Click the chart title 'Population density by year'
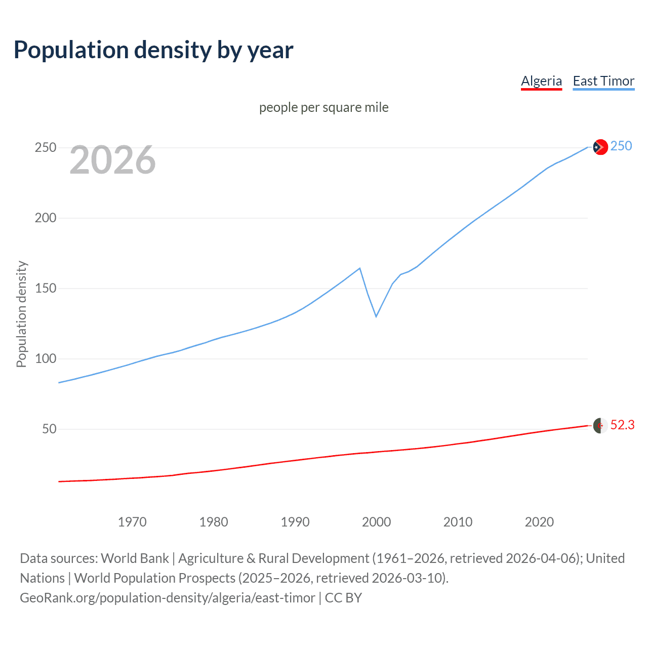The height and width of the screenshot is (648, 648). (153, 50)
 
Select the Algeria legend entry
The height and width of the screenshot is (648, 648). (541, 81)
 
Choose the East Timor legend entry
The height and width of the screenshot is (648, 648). (603, 81)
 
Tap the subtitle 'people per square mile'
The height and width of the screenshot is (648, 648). (323, 107)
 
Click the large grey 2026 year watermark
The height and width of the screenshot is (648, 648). (112, 160)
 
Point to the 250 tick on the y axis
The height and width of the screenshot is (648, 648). (46, 148)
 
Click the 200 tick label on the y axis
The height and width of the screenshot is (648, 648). (46, 218)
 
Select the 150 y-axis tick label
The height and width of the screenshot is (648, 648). (46, 289)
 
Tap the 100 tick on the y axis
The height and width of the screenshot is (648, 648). (46, 359)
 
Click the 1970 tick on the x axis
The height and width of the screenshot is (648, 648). (132, 522)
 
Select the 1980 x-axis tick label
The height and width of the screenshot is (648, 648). (214, 522)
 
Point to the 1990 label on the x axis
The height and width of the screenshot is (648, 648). (295, 522)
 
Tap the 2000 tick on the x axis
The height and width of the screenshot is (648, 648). (376, 522)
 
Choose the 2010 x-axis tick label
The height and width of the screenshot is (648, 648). (458, 522)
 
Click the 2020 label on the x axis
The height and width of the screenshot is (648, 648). (539, 522)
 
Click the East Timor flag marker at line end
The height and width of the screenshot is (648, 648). (600, 147)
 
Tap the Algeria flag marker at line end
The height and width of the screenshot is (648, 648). (600, 426)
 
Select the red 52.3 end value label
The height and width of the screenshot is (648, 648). (622, 425)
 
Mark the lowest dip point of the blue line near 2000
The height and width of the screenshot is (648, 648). (376, 316)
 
